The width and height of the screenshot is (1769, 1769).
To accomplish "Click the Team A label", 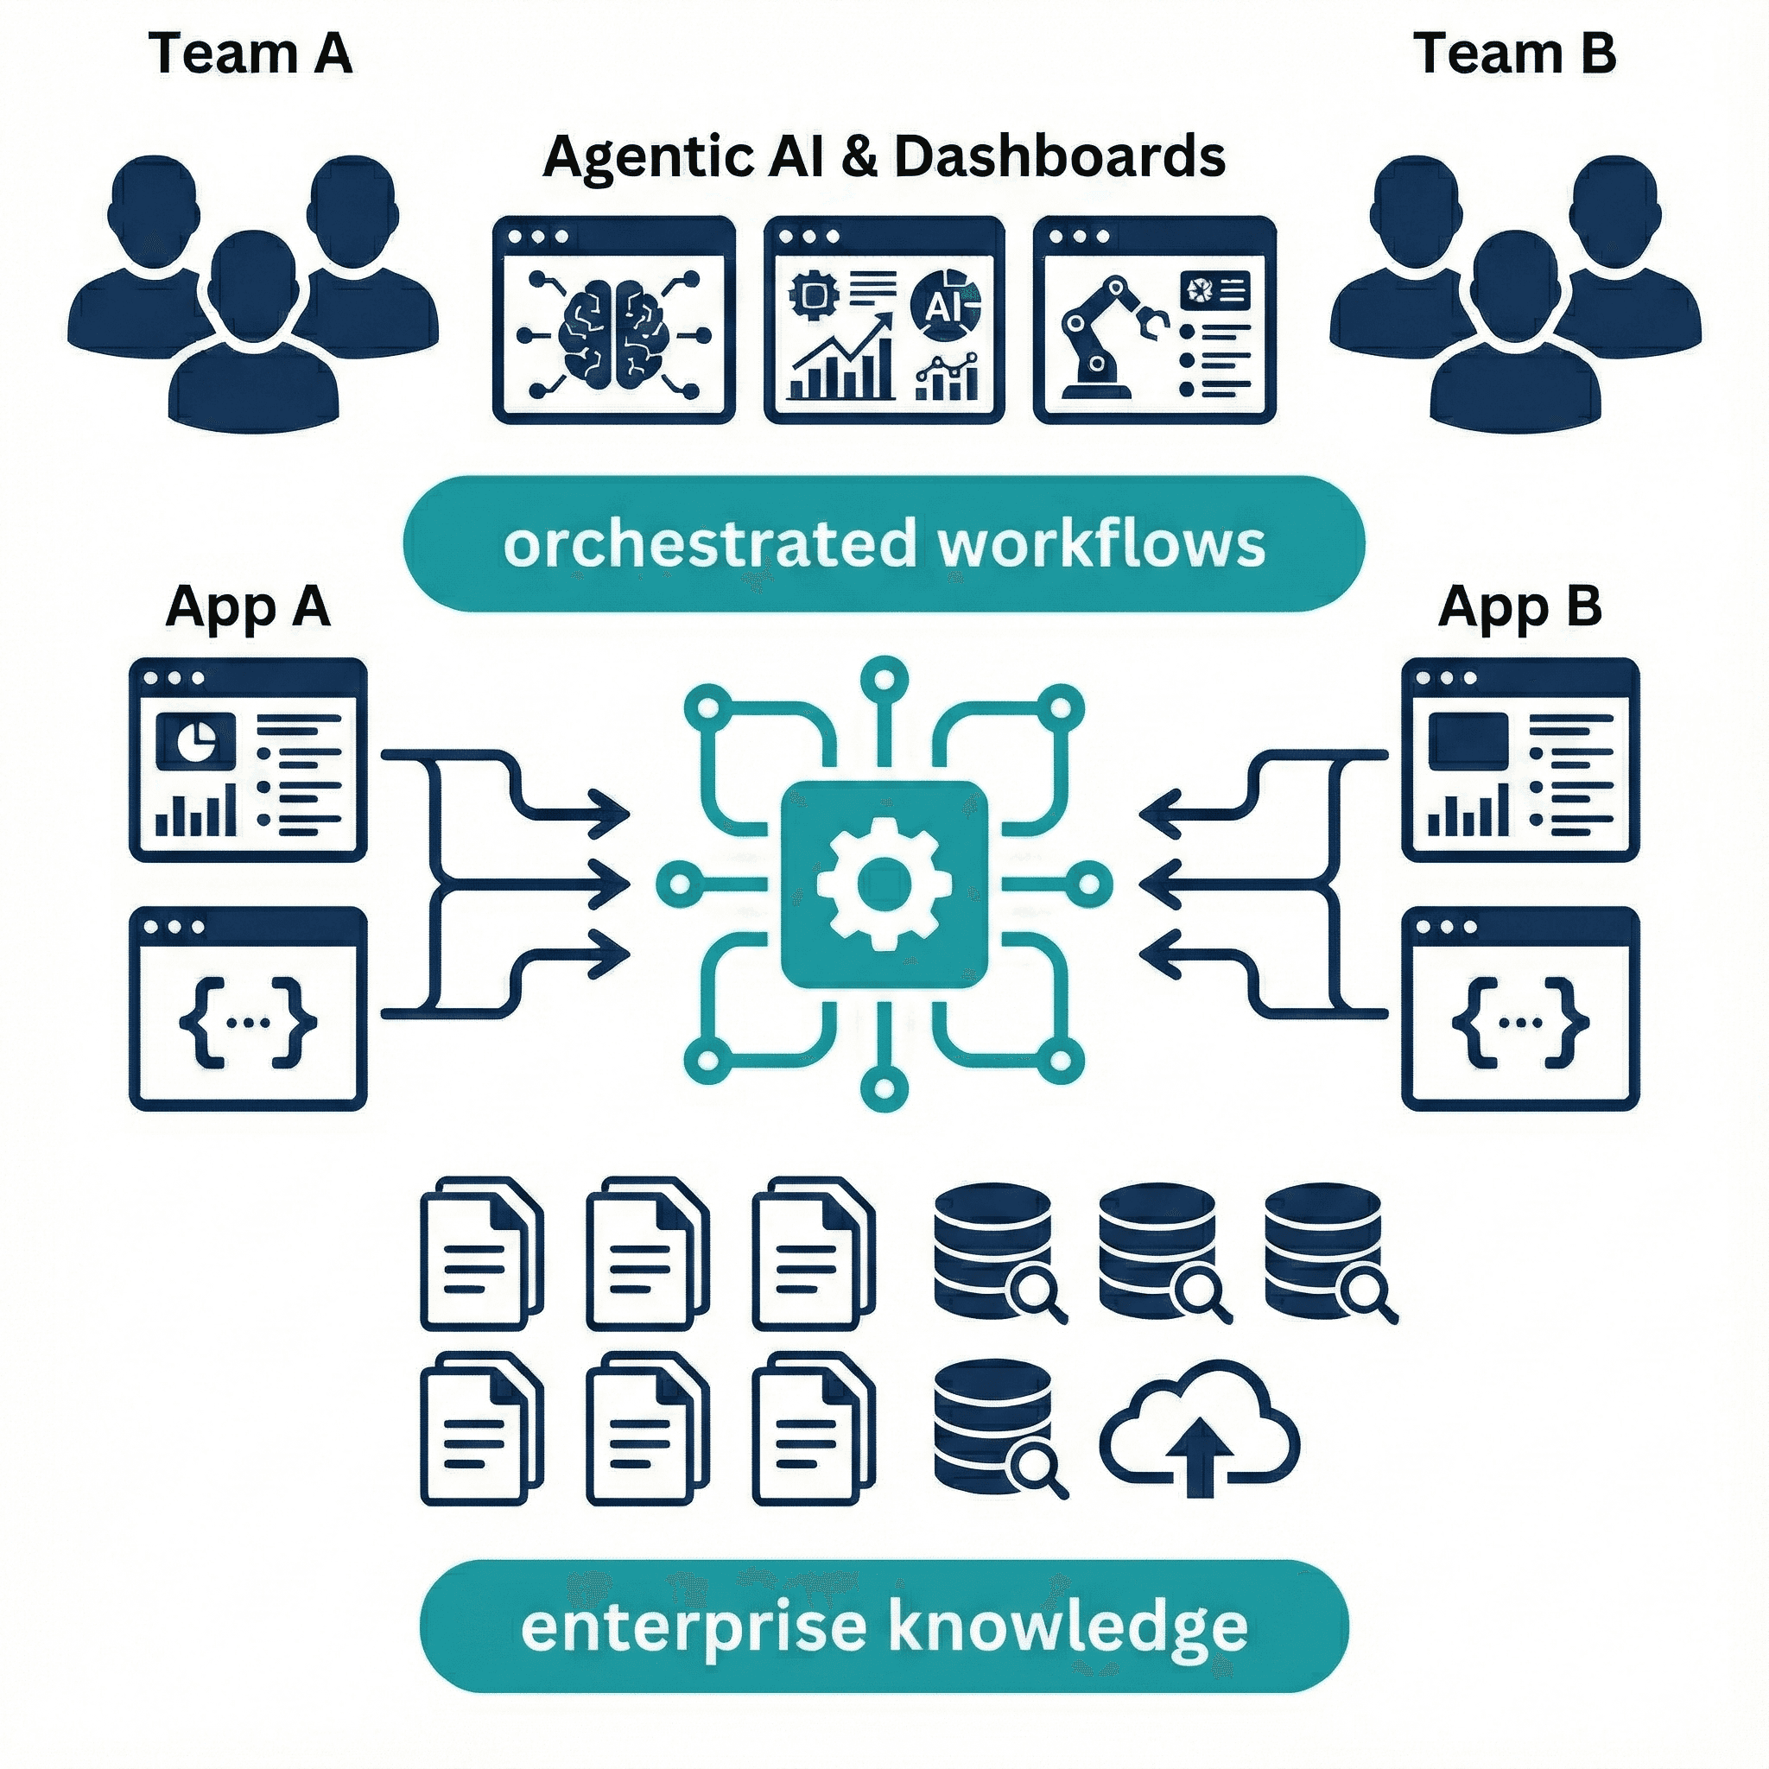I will [x=249, y=53].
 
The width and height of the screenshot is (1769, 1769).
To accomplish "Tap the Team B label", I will [x=1514, y=53].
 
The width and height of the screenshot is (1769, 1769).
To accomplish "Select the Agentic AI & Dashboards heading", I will [x=884, y=156].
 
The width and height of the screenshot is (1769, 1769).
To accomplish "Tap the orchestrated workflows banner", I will [x=884, y=544].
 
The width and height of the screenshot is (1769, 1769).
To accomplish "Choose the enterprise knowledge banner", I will [x=884, y=1626].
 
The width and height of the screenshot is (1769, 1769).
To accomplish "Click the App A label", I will [x=247, y=606].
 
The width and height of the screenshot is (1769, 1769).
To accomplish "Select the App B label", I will [x=1520, y=606].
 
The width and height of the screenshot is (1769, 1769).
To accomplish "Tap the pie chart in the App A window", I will [x=195, y=740].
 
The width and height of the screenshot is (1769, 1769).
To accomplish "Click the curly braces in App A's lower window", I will [x=248, y=1022].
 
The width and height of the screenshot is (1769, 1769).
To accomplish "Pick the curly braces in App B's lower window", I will [x=1521, y=1022].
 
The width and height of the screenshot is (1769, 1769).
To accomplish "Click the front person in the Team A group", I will [x=254, y=339].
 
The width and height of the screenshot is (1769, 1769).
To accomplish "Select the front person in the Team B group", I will [x=1514, y=339].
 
